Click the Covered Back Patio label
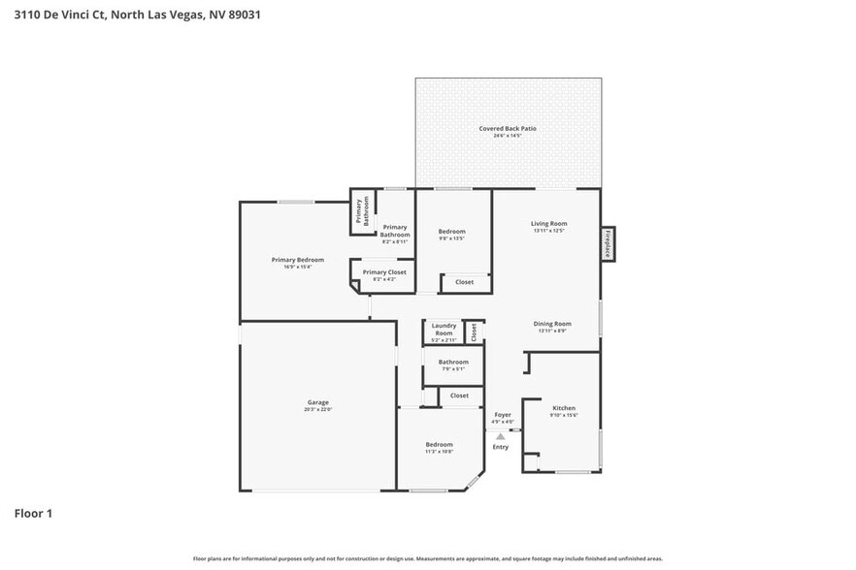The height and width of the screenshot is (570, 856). tap(507, 129)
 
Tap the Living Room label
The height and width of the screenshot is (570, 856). tap(548, 224)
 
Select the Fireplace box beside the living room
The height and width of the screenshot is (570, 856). tap(608, 242)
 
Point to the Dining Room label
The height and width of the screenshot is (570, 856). tap(551, 324)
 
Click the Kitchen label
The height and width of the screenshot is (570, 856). tap(564, 409)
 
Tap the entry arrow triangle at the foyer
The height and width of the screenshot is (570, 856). tap(501, 436)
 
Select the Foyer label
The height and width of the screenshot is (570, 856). tap(502, 415)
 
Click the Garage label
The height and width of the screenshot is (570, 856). tap(318, 402)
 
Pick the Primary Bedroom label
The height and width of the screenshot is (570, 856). tap(297, 260)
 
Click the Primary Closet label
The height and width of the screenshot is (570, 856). tap(384, 273)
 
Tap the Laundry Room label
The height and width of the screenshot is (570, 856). tap(444, 330)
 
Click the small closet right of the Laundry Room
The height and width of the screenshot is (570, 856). tap(474, 332)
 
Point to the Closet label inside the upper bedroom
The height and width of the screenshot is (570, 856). tap(464, 282)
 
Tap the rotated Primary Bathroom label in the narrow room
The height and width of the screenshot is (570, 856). tap(362, 211)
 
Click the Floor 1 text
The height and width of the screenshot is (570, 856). tap(33, 513)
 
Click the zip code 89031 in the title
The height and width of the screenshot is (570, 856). tap(240, 15)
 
